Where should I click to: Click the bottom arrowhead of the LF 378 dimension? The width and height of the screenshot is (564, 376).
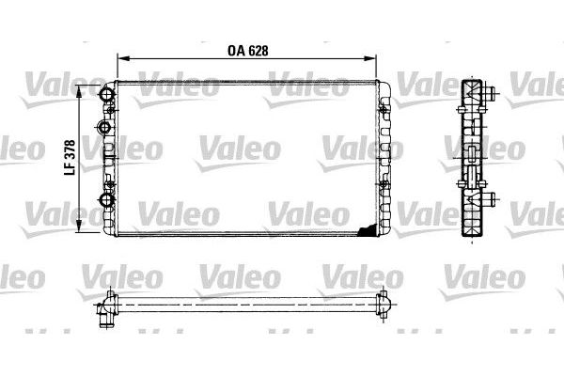point(79,227)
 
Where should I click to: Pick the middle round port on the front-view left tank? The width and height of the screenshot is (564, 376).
point(104,125)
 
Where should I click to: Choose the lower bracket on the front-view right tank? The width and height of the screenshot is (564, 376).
point(385,186)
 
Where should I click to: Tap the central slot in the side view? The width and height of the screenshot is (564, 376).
point(469,159)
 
